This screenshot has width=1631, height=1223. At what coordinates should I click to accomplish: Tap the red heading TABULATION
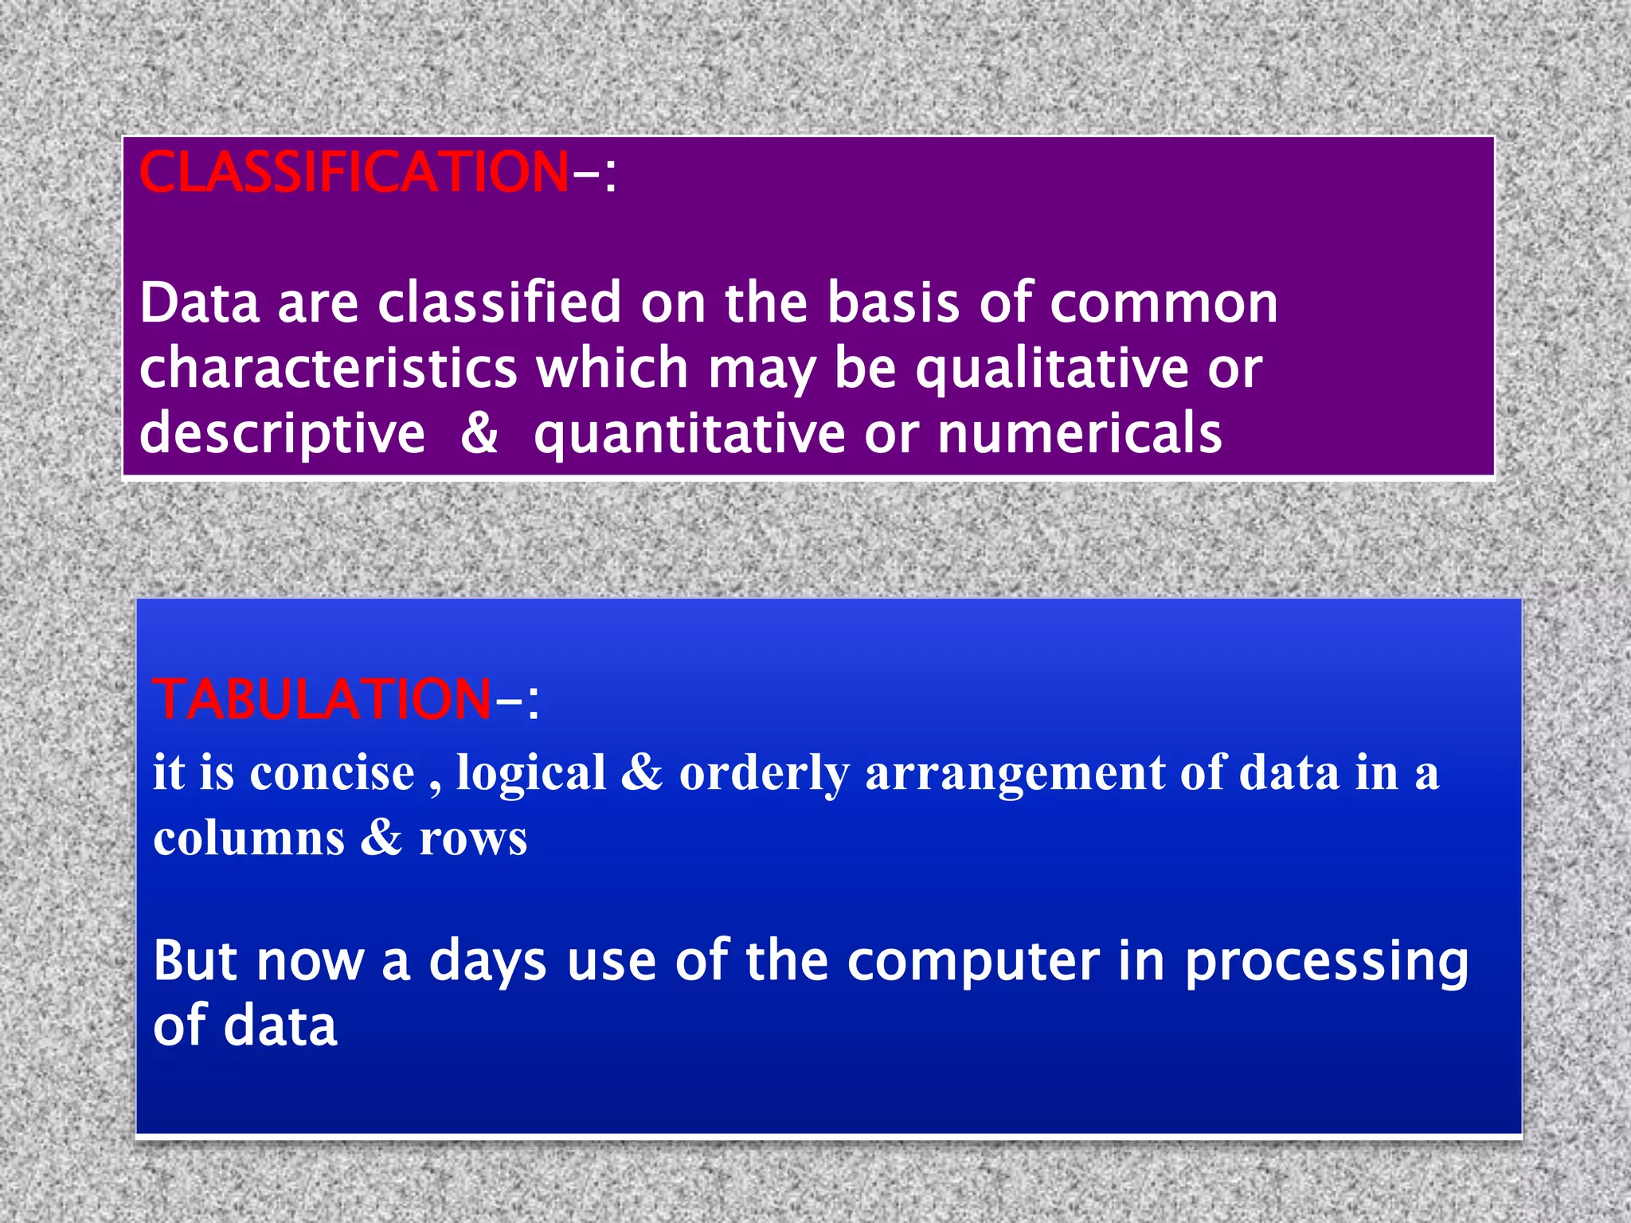322,699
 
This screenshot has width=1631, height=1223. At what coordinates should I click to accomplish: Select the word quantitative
690,434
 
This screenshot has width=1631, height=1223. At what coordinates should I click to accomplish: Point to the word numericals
1079,434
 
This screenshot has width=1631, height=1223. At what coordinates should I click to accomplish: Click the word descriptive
282,434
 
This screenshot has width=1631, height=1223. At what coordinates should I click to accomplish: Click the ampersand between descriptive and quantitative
479,434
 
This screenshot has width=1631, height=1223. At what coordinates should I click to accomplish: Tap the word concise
332,773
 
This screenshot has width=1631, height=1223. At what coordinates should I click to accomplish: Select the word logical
531,773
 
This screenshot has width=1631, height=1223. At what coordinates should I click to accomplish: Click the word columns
249,838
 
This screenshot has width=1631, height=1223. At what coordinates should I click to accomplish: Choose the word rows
473,838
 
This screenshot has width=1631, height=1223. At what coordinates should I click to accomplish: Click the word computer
973,961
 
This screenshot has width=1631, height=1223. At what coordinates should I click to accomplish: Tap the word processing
1326,961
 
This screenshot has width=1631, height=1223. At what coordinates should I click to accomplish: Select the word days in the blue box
487,961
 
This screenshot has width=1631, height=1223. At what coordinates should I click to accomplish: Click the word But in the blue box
195,961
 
